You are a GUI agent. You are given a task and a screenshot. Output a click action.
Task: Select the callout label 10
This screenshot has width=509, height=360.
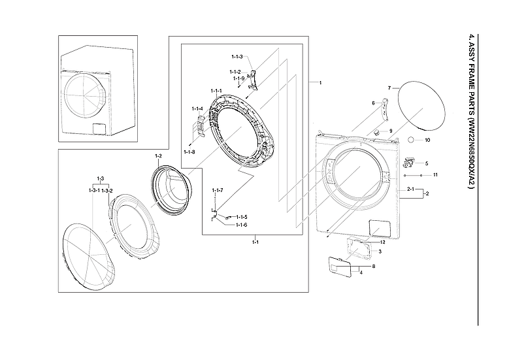pos(427,140)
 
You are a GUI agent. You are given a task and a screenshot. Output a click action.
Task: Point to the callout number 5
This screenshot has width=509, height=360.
pos(427,163)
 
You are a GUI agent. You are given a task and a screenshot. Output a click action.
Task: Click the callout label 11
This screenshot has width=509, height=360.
pos(435,175)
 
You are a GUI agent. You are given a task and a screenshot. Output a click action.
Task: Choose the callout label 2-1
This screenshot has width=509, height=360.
pos(411,189)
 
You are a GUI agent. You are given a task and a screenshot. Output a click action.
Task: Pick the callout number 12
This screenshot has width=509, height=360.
pos(383,242)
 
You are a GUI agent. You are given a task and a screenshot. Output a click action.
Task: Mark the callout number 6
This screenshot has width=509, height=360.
pos(373,103)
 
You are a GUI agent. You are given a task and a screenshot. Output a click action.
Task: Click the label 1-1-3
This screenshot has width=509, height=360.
pos(237,57)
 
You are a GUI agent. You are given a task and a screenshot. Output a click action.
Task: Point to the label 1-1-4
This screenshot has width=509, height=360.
pos(197,108)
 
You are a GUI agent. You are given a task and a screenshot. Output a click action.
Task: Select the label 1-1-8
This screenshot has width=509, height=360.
pos(189,152)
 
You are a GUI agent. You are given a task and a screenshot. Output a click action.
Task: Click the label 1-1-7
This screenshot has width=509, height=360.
pos(218,190)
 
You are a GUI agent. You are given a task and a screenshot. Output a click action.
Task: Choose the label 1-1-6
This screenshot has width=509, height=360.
pos(241,225)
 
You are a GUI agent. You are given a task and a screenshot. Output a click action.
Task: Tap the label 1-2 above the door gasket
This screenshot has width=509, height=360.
pos(158,156)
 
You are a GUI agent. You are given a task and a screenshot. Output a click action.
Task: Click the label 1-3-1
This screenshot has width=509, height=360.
pos(93,190)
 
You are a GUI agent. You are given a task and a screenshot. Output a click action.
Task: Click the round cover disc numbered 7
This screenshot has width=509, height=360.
pos(418,108)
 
